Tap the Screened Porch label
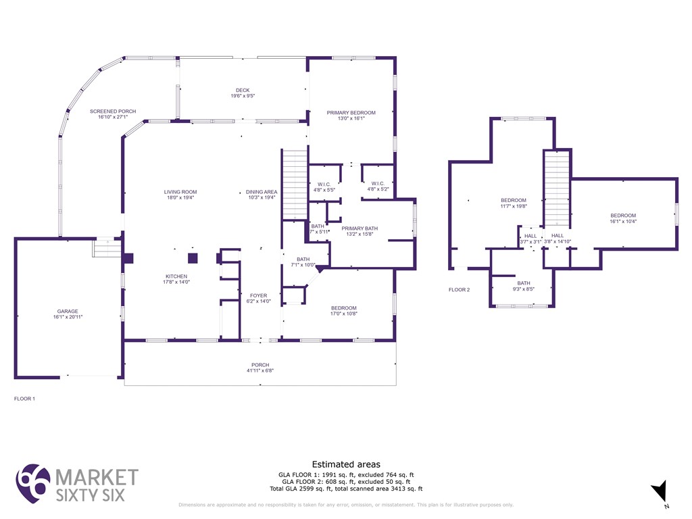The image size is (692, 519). [113, 114]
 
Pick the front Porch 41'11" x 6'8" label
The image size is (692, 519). [260, 368]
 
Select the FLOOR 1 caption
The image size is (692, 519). [24, 399]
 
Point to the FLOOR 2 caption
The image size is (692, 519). [459, 290]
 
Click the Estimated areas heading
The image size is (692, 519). [346, 464]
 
